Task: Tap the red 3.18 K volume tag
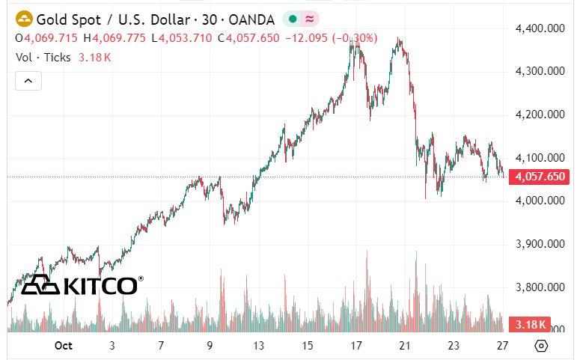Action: point(530,325)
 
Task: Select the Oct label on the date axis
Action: point(63,346)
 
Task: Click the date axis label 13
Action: point(259,346)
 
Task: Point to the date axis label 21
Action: point(405,346)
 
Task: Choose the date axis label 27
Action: point(504,346)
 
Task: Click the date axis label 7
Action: point(161,346)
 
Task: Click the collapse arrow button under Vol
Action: point(28,80)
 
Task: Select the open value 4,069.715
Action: point(52,37)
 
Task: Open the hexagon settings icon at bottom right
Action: point(542,346)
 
